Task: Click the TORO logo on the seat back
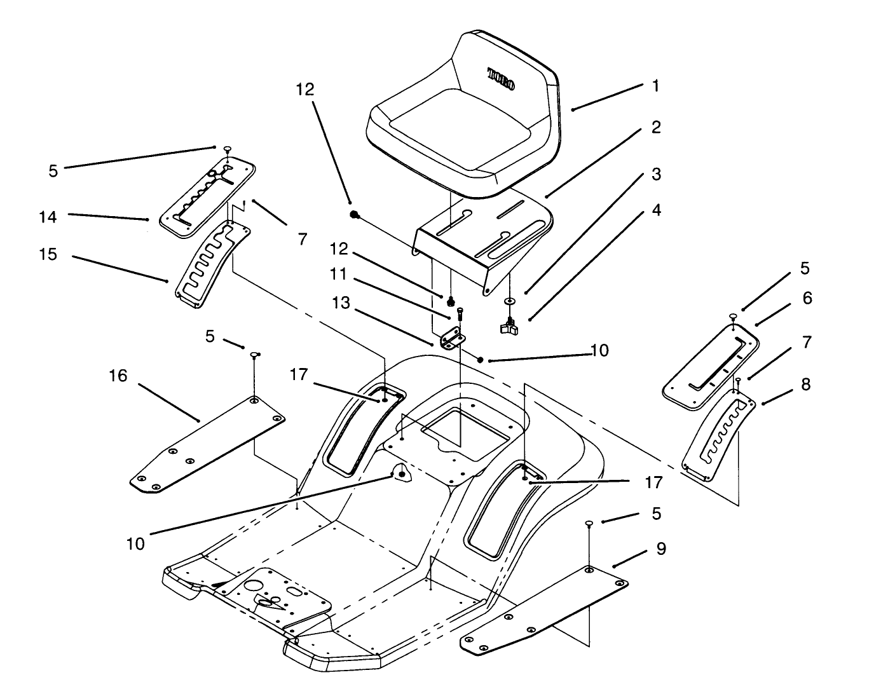pos(502,79)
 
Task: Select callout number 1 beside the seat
pos(656,86)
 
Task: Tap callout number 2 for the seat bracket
pos(656,128)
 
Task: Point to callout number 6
pos(807,298)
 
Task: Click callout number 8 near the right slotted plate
pos(805,385)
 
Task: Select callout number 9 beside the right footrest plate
pos(661,549)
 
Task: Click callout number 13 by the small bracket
pos(341,303)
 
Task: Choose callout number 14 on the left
pos(47,217)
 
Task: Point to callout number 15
pos(47,255)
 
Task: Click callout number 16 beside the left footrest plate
pos(118,376)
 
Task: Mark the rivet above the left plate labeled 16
pos(254,354)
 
